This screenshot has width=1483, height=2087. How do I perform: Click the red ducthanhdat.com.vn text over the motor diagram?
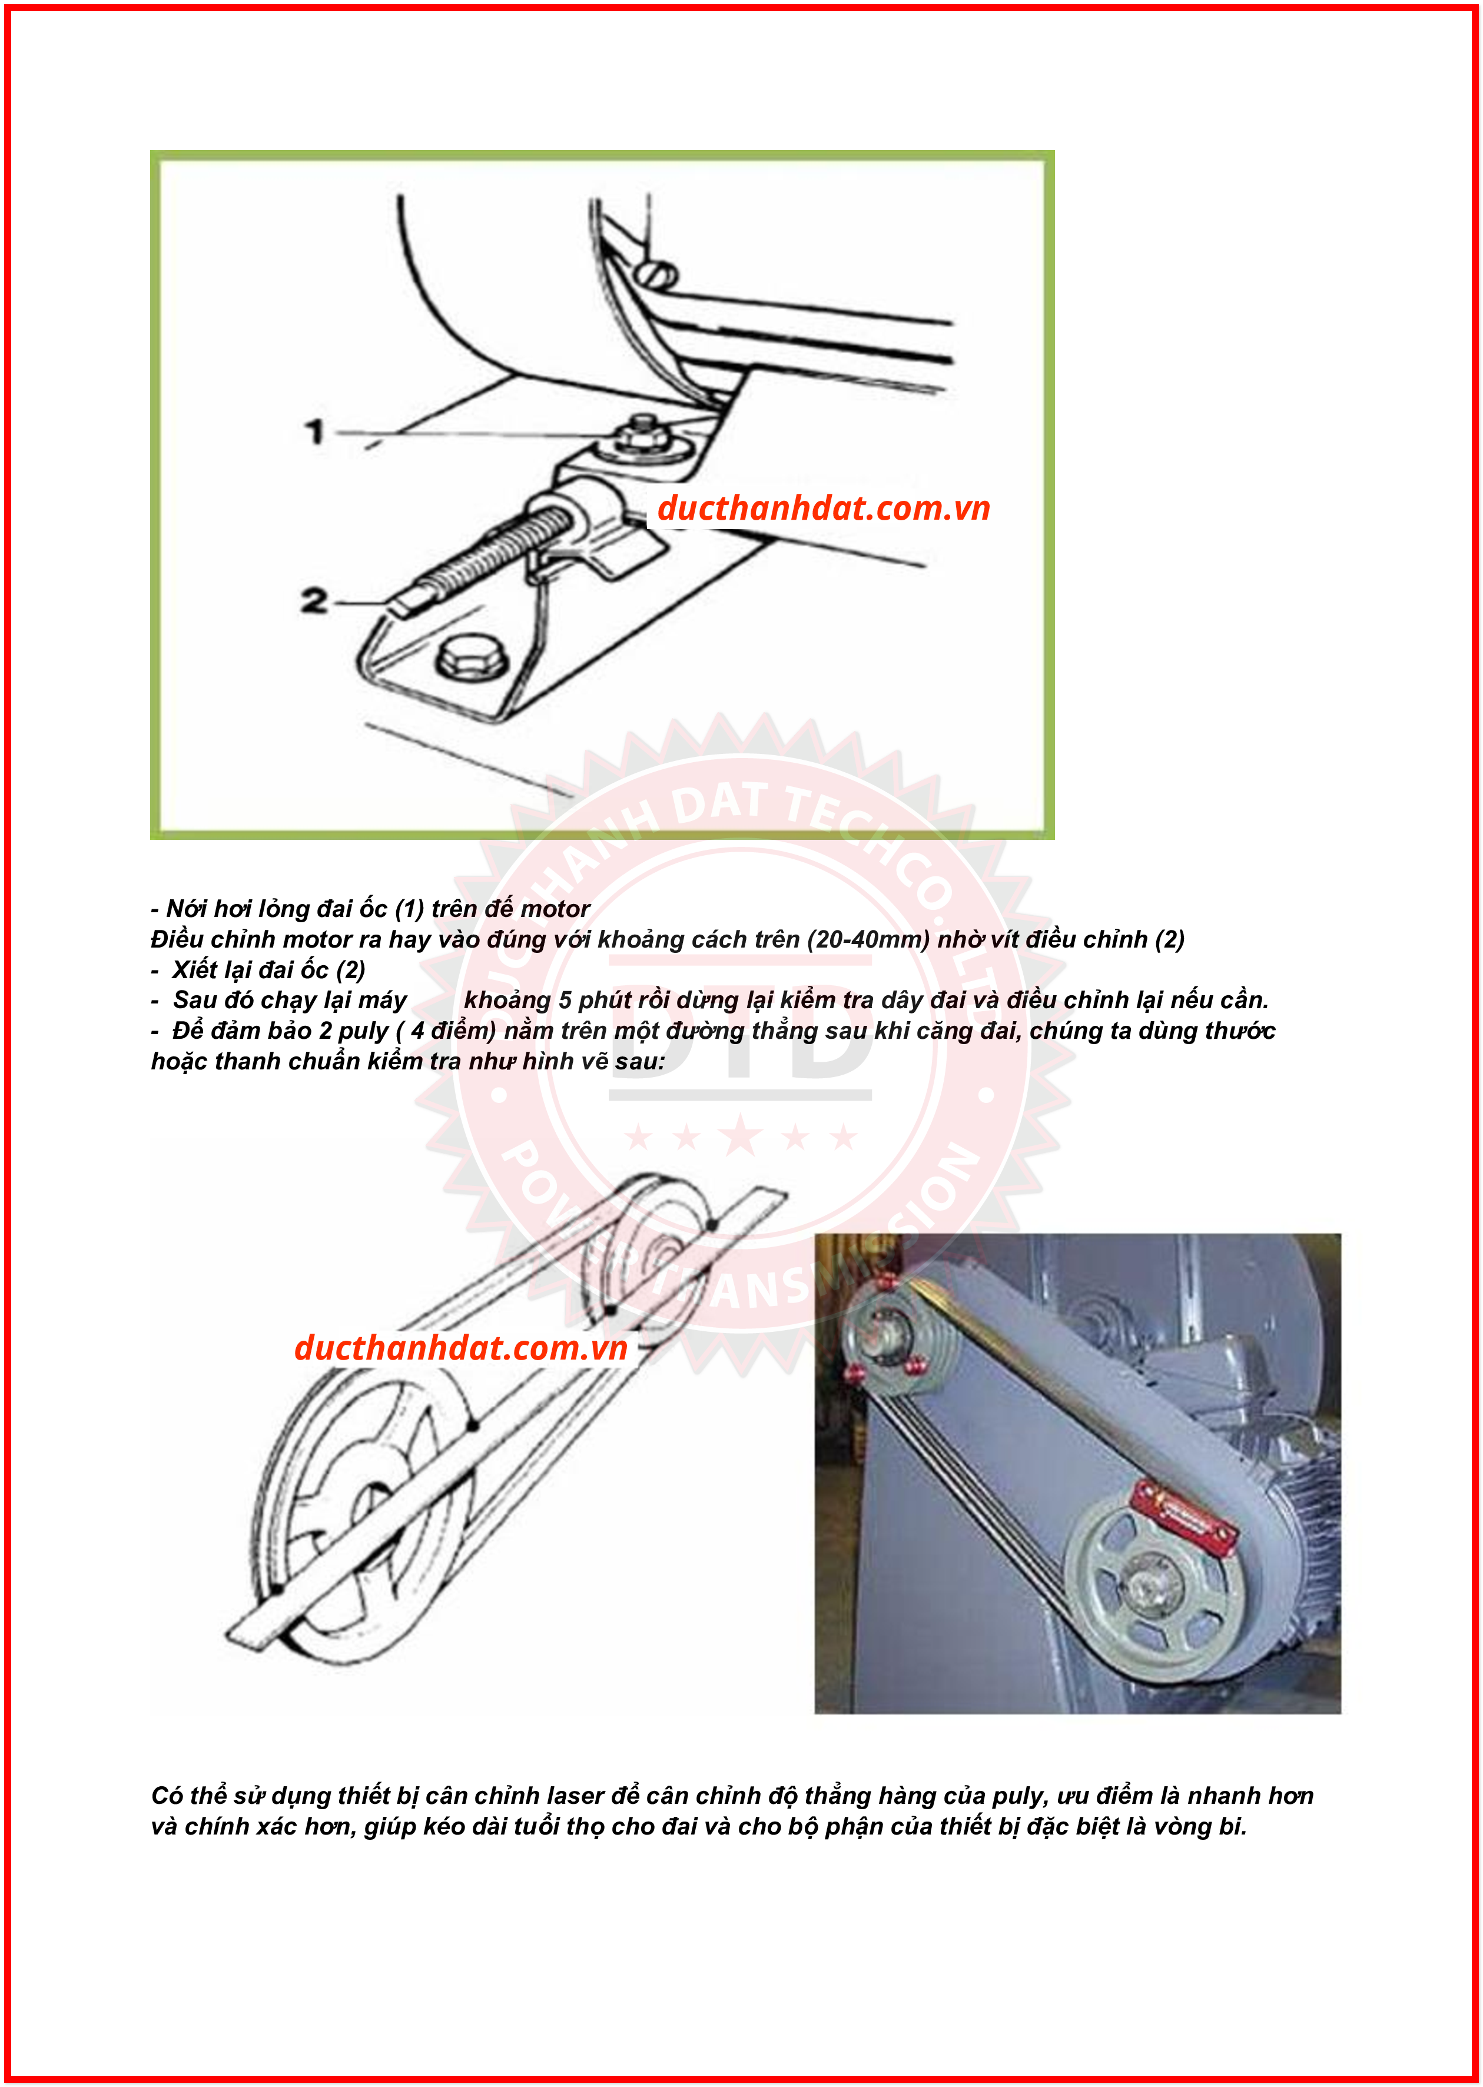[823, 509]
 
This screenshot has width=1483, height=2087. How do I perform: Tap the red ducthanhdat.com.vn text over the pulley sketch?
[460, 1348]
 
